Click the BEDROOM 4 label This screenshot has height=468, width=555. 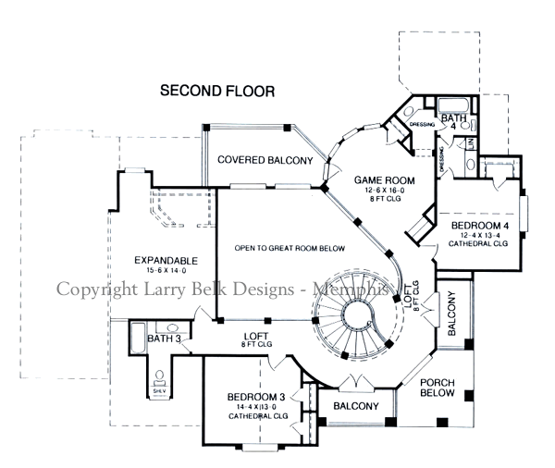pyautogui.click(x=480, y=225)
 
